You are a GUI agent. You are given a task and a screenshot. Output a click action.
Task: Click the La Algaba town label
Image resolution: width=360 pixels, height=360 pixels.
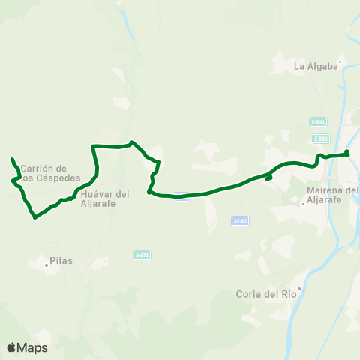315,66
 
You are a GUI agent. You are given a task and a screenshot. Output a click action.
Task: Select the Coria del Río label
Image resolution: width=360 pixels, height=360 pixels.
266,294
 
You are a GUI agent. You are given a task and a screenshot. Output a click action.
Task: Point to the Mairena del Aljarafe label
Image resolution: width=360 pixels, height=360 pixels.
333,195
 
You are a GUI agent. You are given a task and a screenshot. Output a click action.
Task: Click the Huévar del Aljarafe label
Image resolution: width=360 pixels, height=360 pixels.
104,198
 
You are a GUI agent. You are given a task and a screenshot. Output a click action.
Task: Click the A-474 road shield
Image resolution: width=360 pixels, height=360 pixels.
142,255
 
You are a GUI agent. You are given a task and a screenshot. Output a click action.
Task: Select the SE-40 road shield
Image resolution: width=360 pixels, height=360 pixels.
240,221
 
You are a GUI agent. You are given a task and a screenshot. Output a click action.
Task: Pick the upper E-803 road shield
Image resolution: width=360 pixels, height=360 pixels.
318,121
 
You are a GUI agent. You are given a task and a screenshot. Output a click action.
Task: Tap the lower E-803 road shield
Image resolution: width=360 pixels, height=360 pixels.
321,138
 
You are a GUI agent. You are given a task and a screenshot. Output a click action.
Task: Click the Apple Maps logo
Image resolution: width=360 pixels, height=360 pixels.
11,347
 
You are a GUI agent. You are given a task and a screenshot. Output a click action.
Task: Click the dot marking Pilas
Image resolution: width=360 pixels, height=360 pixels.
46,264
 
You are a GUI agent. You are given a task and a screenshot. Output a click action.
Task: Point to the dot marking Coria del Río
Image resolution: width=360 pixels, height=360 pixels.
299,288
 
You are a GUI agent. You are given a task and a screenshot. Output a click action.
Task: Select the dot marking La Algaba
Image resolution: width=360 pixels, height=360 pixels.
340,62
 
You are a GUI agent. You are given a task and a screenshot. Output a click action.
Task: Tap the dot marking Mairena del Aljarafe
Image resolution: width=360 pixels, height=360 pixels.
302,202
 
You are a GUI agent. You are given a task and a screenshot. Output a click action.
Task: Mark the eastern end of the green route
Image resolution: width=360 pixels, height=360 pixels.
347,154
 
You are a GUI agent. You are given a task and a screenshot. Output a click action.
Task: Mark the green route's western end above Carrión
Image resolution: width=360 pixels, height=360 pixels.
12,159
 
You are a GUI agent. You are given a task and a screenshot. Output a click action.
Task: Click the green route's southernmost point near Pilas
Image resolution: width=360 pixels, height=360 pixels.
34,218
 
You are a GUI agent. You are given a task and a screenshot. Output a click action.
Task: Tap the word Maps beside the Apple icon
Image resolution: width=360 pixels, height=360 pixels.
32,347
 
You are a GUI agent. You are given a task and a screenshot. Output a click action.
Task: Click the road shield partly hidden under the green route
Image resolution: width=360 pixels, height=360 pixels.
180,197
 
